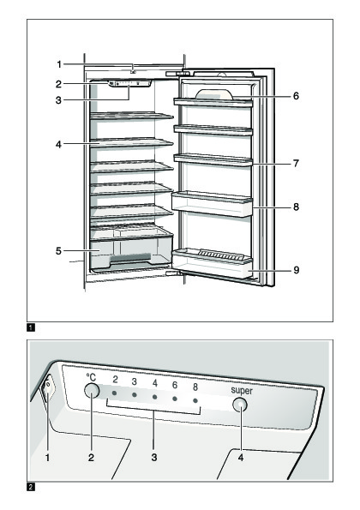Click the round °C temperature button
92,390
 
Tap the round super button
240,405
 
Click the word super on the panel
242,390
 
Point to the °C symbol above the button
91,377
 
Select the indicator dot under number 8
195,401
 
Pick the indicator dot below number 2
114,393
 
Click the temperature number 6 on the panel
175,385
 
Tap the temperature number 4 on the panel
155,383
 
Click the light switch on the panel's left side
47,388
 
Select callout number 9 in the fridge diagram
296,270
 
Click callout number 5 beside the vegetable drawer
58,251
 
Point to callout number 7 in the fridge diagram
296,163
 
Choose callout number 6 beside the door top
296,96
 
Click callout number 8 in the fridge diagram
296,207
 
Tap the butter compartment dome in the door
214,94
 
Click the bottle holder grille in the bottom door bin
221,254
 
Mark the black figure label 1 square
31,327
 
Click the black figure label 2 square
31,487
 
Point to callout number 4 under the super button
241,458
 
